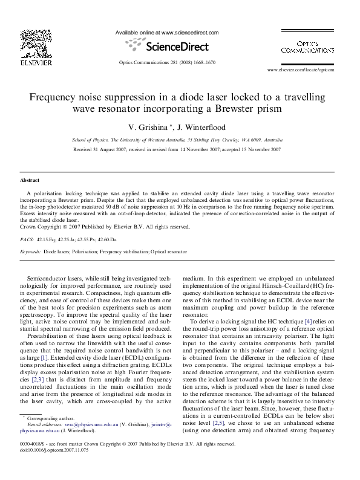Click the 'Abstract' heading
click(x=30, y=181)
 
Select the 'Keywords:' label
click(x=30, y=251)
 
